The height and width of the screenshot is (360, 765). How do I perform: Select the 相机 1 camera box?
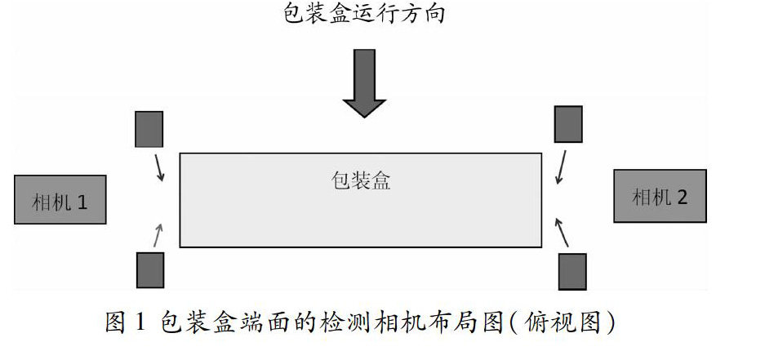[x=60, y=200]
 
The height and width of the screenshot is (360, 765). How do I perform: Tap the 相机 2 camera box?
[x=660, y=196]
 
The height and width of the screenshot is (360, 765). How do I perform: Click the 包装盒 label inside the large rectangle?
[x=361, y=180]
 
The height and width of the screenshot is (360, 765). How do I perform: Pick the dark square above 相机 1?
[x=149, y=129]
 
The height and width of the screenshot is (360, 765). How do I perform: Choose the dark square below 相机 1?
[x=150, y=270]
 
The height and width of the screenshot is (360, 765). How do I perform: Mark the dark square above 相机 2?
[x=568, y=124]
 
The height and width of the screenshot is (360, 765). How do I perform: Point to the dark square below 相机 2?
[x=572, y=272]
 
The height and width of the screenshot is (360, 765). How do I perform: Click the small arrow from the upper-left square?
[x=158, y=167]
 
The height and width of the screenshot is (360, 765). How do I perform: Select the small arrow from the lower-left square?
[x=158, y=235]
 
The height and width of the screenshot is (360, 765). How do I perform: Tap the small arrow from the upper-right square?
[x=559, y=167]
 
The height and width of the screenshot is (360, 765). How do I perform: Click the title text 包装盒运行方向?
[x=364, y=15]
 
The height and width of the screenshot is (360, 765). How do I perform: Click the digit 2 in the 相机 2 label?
[x=683, y=197]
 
